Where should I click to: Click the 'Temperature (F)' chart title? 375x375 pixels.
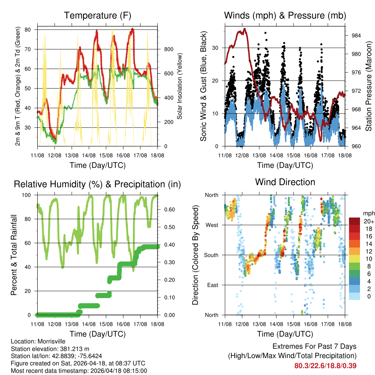pos(97,15)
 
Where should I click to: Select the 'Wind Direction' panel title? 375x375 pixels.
pos(285,182)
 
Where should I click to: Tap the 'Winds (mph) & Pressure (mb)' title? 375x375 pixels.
pos(285,15)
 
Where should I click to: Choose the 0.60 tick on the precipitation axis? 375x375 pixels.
pos(167,209)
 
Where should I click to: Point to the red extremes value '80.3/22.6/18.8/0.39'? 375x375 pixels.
pos(325,365)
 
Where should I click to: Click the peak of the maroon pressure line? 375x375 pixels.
pos(244,29)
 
